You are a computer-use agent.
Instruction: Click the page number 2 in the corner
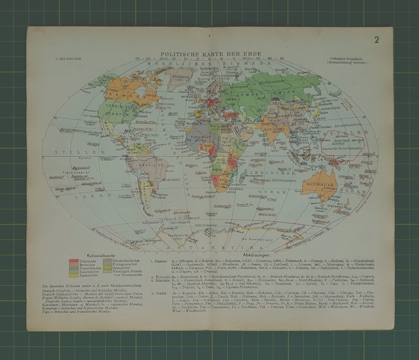[377, 40]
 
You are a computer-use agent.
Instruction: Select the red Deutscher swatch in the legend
[72, 261]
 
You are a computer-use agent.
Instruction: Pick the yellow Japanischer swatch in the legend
[72, 275]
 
